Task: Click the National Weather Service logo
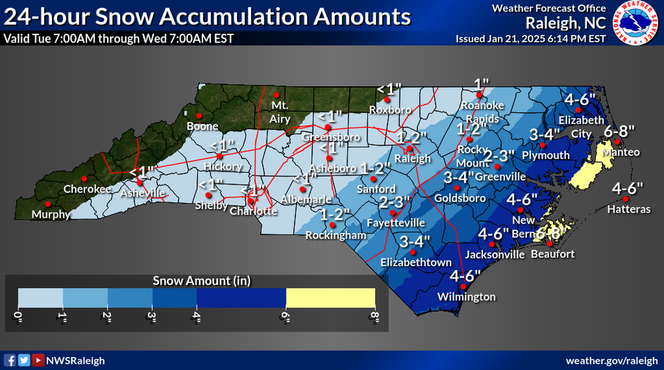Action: [x=636, y=22]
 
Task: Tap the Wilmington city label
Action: [x=467, y=297]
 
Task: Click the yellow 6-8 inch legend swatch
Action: [x=330, y=298]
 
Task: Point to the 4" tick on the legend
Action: [x=196, y=318]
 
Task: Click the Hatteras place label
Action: [x=628, y=209]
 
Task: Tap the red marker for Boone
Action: [x=199, y=115]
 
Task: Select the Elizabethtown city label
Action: [x=416, y=263]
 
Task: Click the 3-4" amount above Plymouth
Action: [x=545, y=134]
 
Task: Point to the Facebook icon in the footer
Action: [x=10, y=360]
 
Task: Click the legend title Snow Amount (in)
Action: [x=202, y=281]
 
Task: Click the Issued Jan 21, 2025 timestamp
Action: [x=530, y=38]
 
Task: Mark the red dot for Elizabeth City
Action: [x=578, y=110]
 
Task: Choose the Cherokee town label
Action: [x=87, y=189]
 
